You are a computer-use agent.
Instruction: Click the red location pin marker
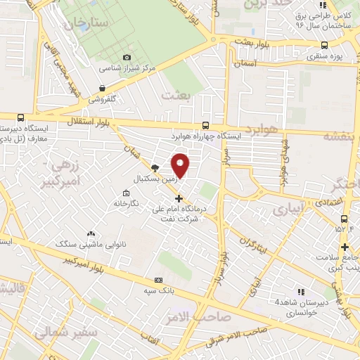pos(181,165)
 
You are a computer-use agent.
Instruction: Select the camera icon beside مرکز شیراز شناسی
pos(127,57)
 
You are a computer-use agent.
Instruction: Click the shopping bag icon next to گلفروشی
pos(103,89)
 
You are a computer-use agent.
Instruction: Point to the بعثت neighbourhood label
pos(175,94)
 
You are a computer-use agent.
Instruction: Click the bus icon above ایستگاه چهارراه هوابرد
pos(205,123)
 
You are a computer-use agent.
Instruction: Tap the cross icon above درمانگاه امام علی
pos(179,198)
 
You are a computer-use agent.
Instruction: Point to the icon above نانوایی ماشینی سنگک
pos(90,233)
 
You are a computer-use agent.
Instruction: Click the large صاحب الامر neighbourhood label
pos(190,318)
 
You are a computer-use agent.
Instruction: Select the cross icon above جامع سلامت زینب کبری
pos(345,247)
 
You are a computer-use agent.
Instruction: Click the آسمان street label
pos(248,63)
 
